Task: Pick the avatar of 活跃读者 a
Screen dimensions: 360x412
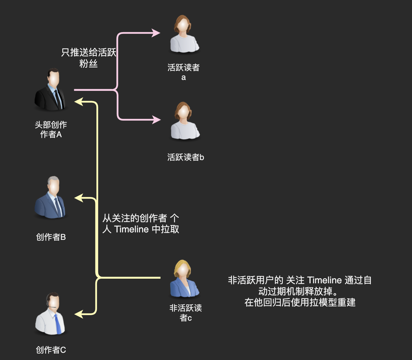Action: pos(184,35)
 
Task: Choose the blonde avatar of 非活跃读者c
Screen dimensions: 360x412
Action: pos(184,279)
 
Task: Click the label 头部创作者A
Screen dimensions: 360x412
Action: pos(51,130)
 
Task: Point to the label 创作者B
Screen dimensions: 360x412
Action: pos(51,237)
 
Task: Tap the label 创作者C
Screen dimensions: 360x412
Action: pos(51,350)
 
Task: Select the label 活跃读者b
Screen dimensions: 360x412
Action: pos(185,157)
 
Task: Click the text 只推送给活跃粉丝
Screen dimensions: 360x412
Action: pos(89,58)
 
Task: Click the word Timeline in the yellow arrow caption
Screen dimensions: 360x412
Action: pos(132,229)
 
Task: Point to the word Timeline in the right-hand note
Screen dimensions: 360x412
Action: pos(324,280)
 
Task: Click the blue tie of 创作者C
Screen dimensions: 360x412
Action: pos(58,324)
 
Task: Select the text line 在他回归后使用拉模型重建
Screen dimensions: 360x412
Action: pos(300,302)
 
